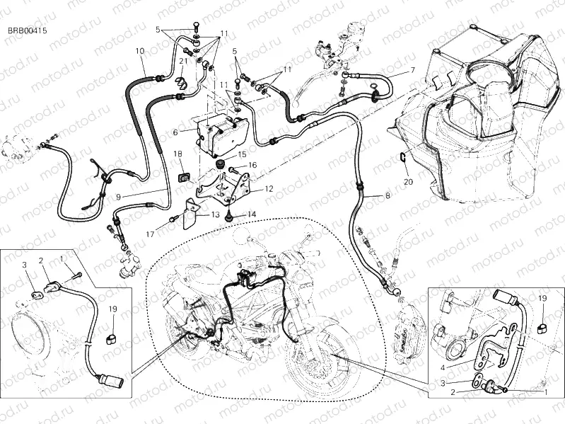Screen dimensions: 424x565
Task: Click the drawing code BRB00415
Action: tap(28, 31)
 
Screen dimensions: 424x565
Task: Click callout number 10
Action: tap(139, 51)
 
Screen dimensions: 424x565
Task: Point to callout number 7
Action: tap(412, 70)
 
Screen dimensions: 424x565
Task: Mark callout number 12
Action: tap(269, 189)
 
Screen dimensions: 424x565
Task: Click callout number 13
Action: tap(216, 215)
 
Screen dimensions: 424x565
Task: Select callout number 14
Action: tap(252, 214)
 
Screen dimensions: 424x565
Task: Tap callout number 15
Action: tap(242, 154)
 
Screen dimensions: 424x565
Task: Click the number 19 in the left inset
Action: tap(114, 309)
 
